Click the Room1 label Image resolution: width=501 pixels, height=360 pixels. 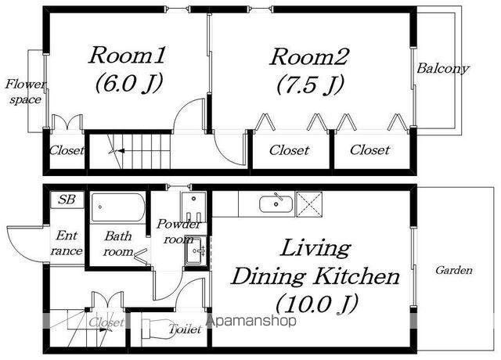point(127,56)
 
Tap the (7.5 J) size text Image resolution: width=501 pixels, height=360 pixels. point(310,85)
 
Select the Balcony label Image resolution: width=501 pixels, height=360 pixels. point(443,68)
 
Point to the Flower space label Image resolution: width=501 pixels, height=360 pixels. point(25,92)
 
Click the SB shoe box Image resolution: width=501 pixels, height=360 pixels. point(67,200)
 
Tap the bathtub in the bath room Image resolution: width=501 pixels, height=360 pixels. point(117,207)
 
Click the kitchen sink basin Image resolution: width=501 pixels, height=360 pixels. point(276,204)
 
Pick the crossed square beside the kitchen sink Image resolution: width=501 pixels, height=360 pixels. point(309,204)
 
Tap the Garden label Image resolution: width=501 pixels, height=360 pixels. point(454,270)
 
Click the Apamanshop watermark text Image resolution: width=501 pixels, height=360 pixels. point(251,320)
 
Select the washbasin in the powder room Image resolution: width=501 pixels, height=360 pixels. point(195,250)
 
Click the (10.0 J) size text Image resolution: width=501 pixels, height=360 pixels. point(316,304)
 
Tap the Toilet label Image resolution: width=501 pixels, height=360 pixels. point(185,329)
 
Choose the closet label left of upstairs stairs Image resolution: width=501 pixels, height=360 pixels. point(67,150)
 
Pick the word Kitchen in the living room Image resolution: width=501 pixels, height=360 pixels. point(355,276)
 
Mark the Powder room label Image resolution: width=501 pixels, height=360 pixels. point(178,232)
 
